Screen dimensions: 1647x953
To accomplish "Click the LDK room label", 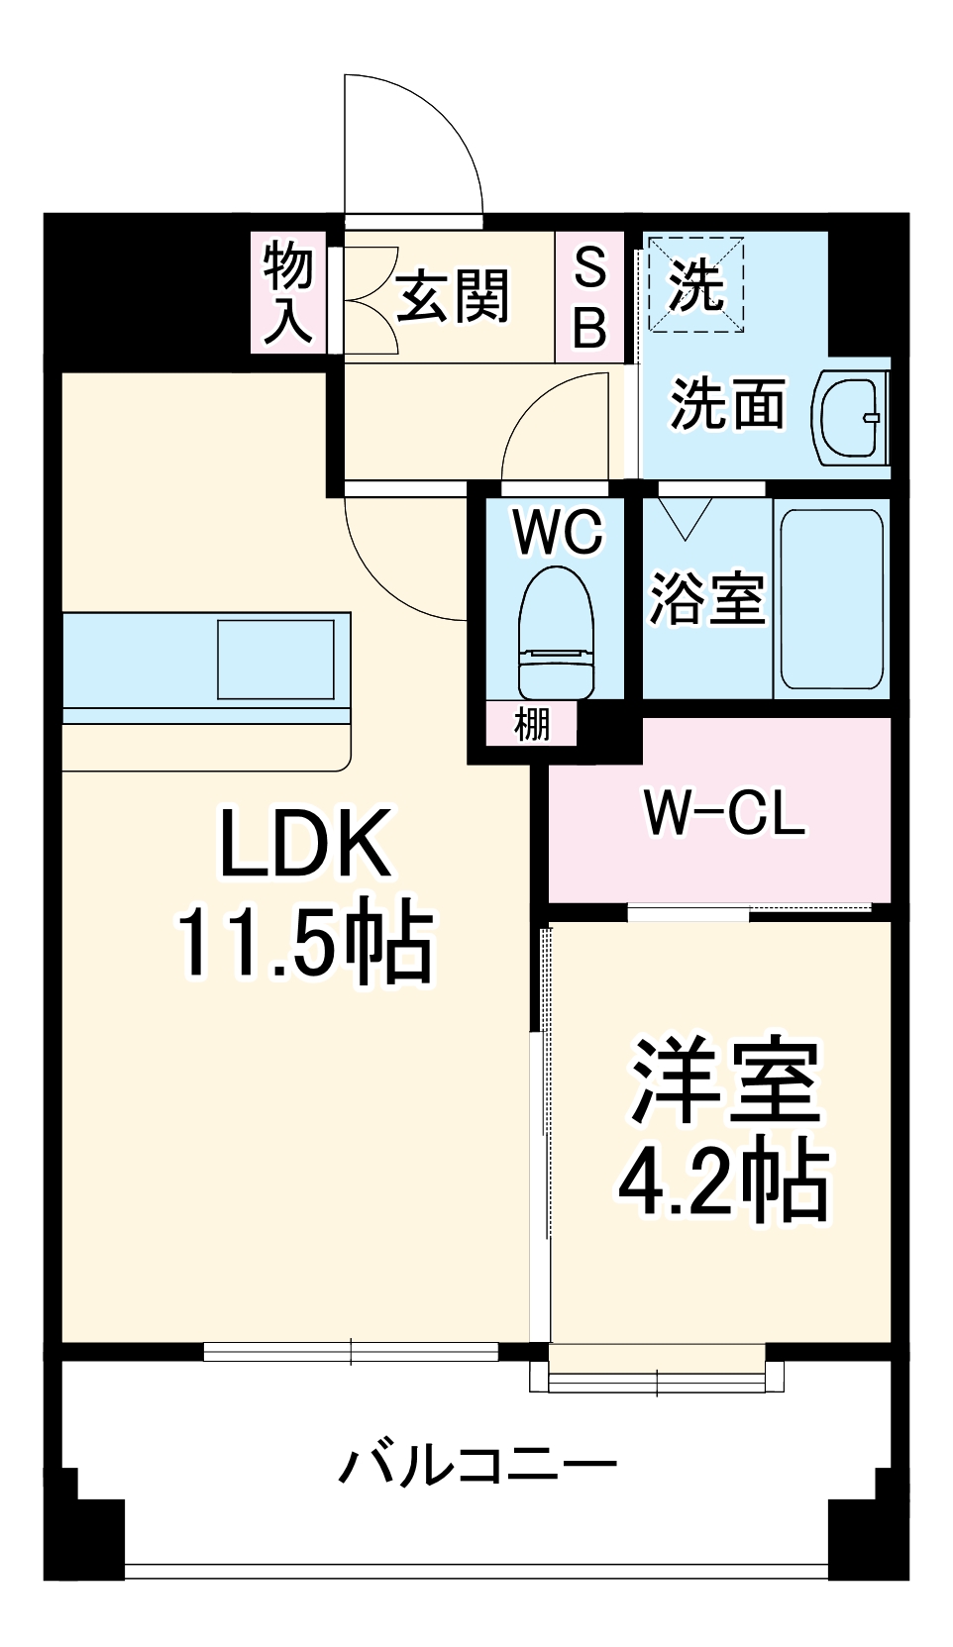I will (304, 843).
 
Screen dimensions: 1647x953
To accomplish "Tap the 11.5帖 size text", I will (304, 942).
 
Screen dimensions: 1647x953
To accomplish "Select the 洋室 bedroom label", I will (726, 1082).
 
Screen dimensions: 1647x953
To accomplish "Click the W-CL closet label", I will (724, 813).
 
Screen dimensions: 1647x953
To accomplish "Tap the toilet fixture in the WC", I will (556, 634).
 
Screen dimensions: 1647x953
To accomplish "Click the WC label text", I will (557, 532).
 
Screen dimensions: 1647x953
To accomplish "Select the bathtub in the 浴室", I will (831, 598).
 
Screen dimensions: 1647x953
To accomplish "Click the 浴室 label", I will (706, 598).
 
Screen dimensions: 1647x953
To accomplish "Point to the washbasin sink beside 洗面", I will (850, 418).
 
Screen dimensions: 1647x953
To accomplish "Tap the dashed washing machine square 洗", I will (695, 284).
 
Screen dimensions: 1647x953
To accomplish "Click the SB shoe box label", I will (589, 296).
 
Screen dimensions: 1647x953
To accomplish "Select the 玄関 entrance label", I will (452, 296).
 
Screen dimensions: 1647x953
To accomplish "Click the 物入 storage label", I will (287, 294).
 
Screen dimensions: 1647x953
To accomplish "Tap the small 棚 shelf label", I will (531, 724).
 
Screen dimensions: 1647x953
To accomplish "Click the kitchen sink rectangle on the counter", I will (275, 660).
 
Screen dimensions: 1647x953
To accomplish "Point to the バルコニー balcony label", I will (477, 1463).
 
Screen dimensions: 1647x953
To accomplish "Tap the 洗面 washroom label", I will (727, 404).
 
